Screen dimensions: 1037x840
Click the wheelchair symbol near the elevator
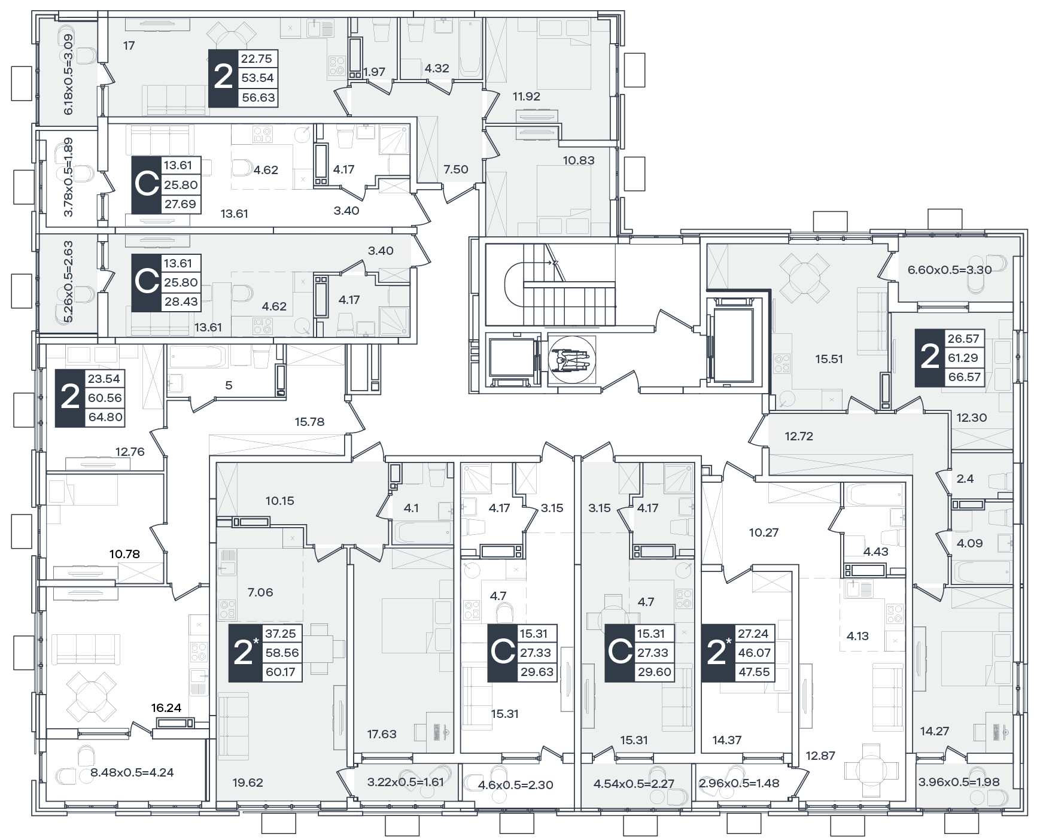[571, 358]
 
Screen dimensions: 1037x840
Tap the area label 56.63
[259, 98]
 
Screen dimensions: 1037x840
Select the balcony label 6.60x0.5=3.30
[950, 270]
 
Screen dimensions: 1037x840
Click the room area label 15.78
[309, 422]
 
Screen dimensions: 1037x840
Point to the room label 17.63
[382, 734]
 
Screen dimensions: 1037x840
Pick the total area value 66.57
[963, 377]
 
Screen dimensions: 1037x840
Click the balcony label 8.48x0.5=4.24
[132, 772]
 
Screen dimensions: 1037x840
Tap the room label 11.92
[527, 96]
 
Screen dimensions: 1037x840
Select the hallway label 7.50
[456, 169]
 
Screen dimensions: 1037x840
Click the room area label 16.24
[166, 708]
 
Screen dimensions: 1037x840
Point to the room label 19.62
[248, 783]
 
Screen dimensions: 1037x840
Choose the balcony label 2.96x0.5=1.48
[739, 783]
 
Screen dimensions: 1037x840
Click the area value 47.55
[754, 672]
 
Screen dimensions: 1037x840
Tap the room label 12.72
[799, 436]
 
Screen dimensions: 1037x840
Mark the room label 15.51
[829, 360]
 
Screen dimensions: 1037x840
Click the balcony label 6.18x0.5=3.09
[68, 74]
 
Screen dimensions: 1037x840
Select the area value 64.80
[105, 417]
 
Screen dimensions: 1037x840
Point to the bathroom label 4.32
[437, 68]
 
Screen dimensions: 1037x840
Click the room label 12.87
[820, 756]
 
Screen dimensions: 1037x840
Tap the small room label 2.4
[965, 479]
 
